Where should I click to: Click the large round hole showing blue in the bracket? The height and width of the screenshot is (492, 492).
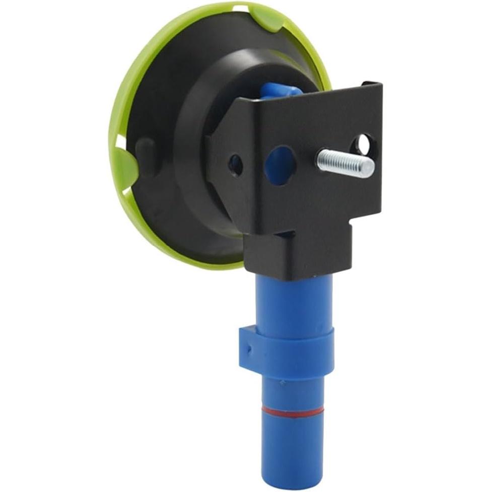(279, 165)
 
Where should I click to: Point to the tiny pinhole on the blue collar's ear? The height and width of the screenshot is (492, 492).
(248, 347)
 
